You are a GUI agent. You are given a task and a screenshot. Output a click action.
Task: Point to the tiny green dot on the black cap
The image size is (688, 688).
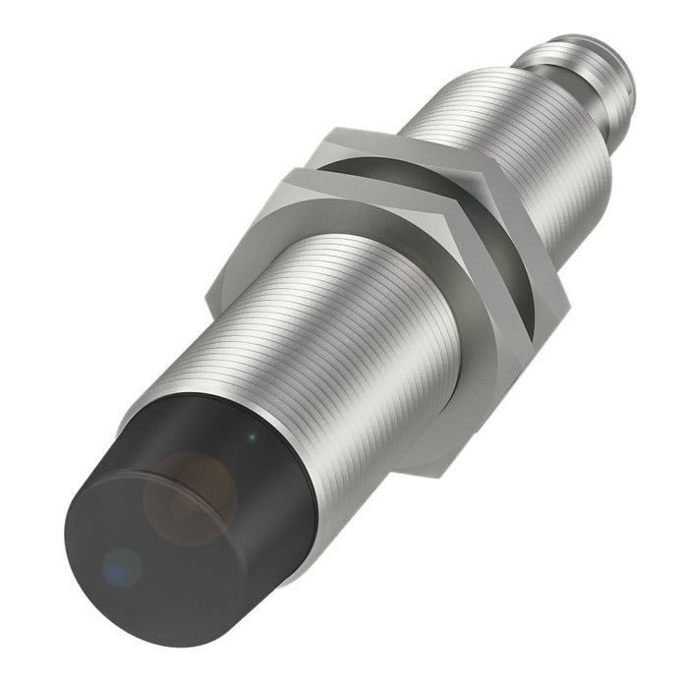(254, 435)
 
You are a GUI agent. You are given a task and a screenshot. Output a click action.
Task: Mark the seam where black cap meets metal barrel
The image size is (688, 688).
(295, 462)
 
